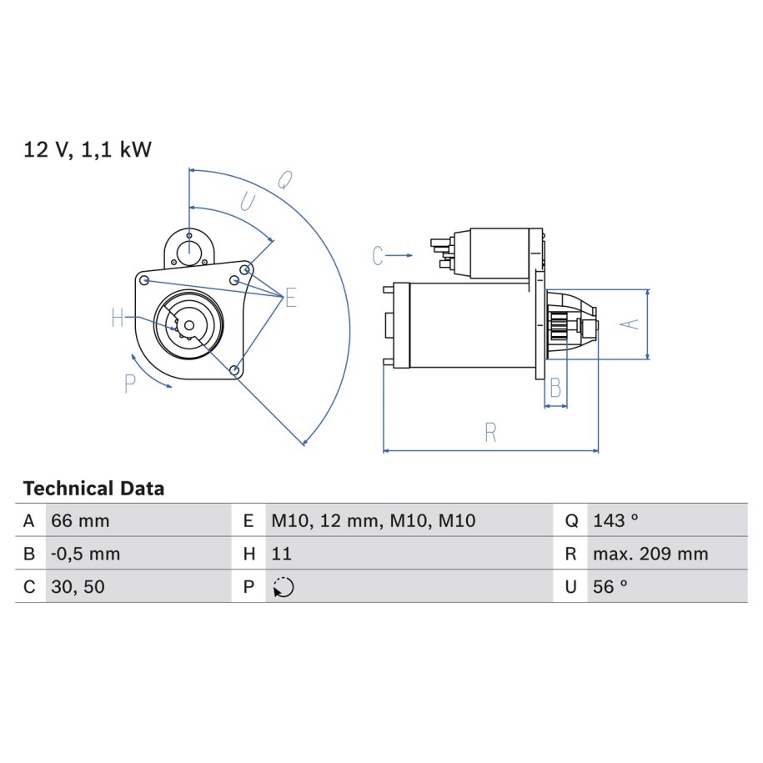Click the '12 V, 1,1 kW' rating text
click(x=88, y=149)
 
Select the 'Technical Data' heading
click(x=94, y=488)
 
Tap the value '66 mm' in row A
click(x=80, y=520)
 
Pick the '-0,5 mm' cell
click(x=86, y=554)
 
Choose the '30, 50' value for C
click(x=78, y=586)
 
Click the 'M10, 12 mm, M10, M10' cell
click(x=374, y=520)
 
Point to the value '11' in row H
click(x=281, y=554)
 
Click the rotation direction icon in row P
click(x=284, y=587)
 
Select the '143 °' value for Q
click(x=615, y=520)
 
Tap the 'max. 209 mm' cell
click(x=650, y=554)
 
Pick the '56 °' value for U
click(x=610, y=586)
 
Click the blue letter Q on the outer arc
click(x=285, y=180)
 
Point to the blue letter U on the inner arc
click(x=248, y=202)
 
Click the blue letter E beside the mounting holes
click(x=291, y=298)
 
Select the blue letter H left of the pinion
click(x=118, y=318)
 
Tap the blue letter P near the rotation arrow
click(x=130, y=384)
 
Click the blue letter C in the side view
click(x=378, y=255)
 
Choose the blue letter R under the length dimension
click(x=490, y=432)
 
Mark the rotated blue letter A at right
click(x=630, y=324)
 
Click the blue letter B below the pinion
click(x=555, y=388)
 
